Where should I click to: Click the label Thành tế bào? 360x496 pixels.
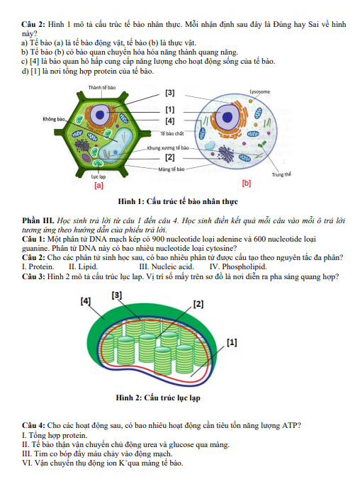[102, 87]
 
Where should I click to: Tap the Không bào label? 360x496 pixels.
[54, 119]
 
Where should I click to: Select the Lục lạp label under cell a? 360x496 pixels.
[99, 177]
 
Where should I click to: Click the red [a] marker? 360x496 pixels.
[99, 186]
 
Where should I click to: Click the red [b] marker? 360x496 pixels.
[247, 183]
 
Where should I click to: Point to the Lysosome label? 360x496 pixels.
[259, 91]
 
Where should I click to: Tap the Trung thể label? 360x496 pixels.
[281, 174]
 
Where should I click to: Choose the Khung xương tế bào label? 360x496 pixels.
[168, 147]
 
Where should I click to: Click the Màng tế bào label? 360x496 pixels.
[171, 169]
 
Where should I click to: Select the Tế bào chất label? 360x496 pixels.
[171, 133]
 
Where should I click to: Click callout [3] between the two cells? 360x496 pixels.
[170, 93]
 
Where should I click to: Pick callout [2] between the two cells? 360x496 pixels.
[170, 157]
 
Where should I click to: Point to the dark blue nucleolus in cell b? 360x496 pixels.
[227, 117]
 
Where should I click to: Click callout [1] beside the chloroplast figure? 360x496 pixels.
[232, 342]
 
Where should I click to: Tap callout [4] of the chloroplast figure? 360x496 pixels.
[86, 301]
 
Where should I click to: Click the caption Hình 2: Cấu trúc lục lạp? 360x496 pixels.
[158, 398]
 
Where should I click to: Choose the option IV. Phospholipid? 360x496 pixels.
[238, 266]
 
